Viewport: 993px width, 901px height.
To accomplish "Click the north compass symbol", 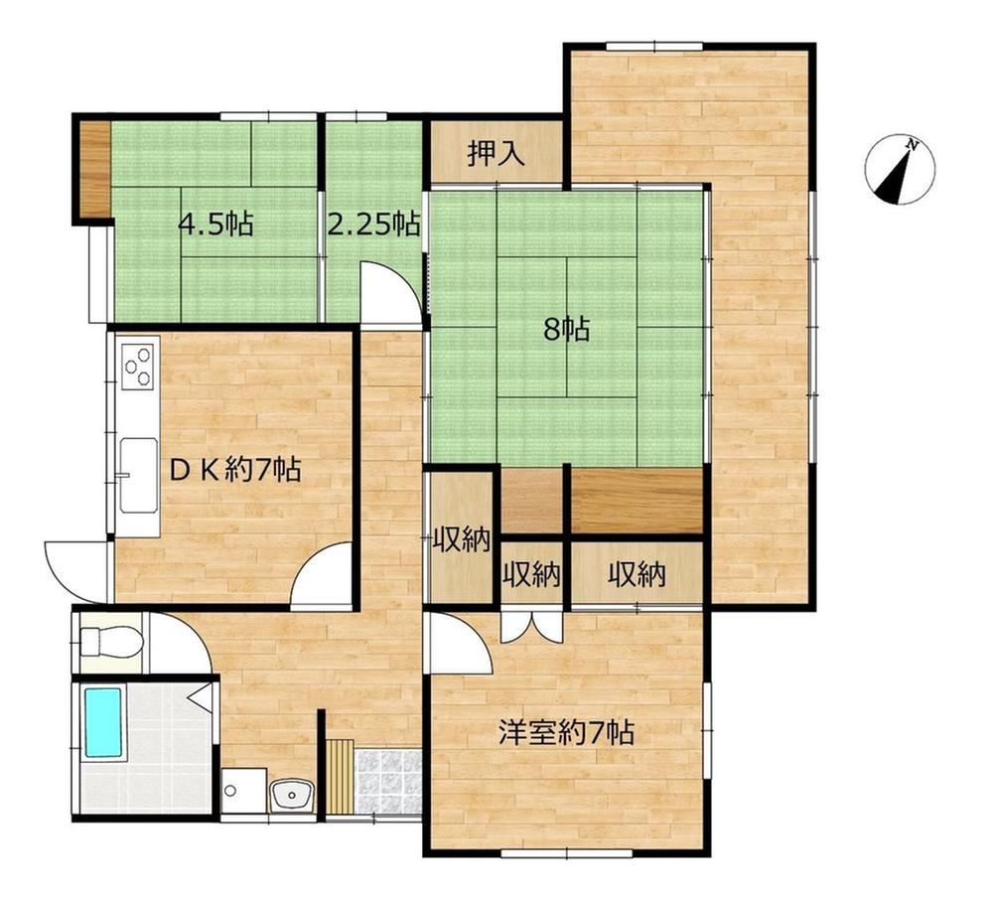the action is (x=900, y=170).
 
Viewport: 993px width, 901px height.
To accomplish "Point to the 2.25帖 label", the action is (x=373, y=225).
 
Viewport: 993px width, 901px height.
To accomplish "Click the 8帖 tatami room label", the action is (x=567, y=330).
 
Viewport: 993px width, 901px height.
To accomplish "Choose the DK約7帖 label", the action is (x=234, y=470).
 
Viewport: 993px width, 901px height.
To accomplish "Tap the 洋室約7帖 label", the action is (x=566, y=733).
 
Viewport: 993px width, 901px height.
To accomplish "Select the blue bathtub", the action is (x=102, y=723).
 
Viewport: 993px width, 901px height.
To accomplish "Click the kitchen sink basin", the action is (x=139, y=475).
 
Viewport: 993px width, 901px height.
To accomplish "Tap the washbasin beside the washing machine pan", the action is (x=291, y=795).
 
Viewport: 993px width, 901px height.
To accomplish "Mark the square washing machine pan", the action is (x=244, y=791).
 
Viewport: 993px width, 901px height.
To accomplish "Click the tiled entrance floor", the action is (x=389, y=782).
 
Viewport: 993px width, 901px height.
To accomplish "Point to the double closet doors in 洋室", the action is (x=532, y=627).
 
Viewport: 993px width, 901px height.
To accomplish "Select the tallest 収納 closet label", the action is (x=462, y=540).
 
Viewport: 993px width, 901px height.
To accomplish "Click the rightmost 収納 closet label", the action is (x=638, y=575).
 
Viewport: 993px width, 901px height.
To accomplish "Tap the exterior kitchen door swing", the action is (x=76, y=572).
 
